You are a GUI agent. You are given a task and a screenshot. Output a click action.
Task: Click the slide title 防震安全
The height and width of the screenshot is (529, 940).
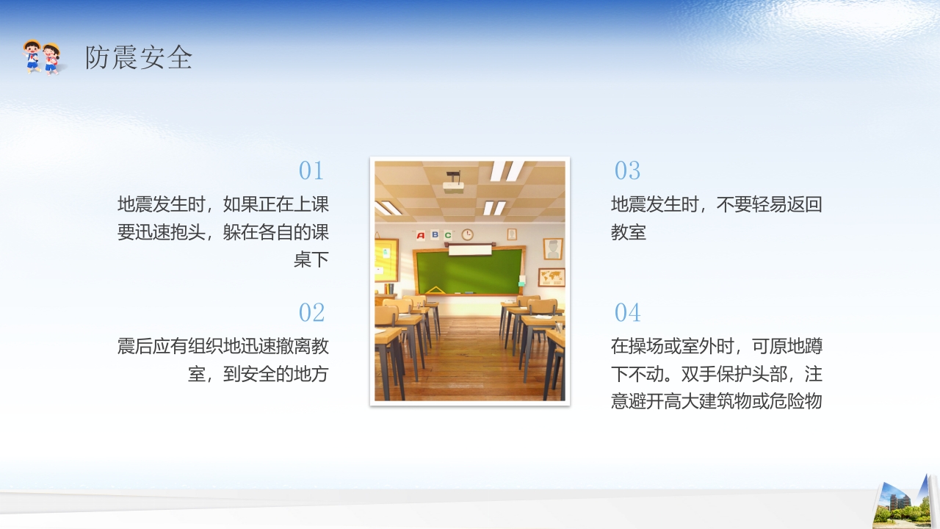coord(138,57)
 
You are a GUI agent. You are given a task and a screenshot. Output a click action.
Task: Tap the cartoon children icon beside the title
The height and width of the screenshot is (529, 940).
coord(42,57)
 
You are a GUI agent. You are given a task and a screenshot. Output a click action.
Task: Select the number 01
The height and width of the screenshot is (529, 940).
coord(311,171)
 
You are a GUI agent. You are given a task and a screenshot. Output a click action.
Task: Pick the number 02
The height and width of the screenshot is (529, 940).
coord(311,313)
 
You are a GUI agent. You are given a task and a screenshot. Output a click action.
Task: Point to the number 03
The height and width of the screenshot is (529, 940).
coord(627,171)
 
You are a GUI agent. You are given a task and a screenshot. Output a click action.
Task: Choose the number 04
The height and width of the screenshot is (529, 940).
coord(627,313)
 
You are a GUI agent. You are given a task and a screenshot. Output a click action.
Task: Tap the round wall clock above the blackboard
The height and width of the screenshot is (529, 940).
coord(467,234)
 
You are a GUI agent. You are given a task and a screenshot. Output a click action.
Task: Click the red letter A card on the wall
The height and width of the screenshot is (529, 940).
coord(421,235)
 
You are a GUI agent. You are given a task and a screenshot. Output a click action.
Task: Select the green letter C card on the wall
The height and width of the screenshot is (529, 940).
coord(447,235)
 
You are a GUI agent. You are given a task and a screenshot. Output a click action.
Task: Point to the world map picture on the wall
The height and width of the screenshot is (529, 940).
coord(551,277)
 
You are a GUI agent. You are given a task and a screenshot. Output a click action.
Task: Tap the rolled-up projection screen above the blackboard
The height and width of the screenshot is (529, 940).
coord(470,250)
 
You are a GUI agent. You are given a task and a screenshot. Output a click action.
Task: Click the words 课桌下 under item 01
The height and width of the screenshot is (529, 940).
coord(311,259)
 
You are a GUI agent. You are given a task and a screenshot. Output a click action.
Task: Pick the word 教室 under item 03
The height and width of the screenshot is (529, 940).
coord(629,232)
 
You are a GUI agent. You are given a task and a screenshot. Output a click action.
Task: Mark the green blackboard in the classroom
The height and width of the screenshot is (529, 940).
coord(470,270)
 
